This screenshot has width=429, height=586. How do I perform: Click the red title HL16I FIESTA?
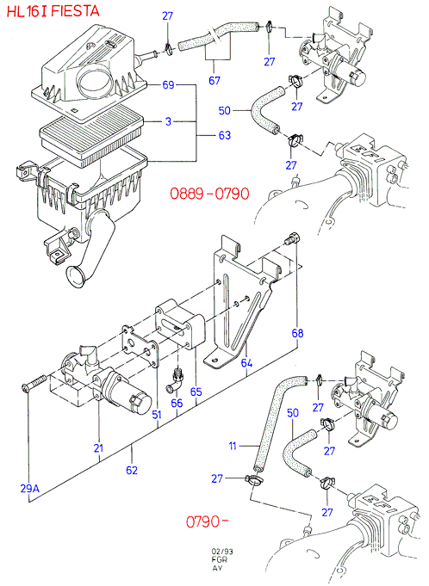pyautogui.click(x=53, y=11)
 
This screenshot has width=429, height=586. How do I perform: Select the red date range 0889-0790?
pyautogui.click(x=209, y=194)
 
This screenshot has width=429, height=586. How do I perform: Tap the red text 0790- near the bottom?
pyautogui.click(x=208, y=521)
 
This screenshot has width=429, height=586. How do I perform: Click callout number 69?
pyautogui.click(x=168, y=85)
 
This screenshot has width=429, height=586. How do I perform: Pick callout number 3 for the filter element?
pyautogui.click(x=168, y=121)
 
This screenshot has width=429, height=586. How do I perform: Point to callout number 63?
pyautogui.click(x=225, y=135)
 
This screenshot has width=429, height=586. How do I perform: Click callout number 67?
pyautogui.click(x=214, y=80)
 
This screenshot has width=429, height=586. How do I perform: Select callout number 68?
pyautogui.click(x=297, y=333)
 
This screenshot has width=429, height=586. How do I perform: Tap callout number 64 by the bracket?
pyautogui.click(x=246, y=363)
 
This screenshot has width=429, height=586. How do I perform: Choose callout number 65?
pyautogui.click(x=196, y=392)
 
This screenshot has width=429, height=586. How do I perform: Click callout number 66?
pyautogui.click(x=177, y=403)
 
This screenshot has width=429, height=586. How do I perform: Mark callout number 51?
pyautogui.click(x=157, y=414)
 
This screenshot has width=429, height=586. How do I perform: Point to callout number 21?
pyautogui.click(x=98, y=447)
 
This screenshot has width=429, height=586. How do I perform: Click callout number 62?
pyautogui.click(x=132, y=470)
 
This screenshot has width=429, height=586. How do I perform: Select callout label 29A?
pyautogui.click(x=30, y=489)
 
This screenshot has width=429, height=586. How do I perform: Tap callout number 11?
pyautogui.click(x=233, y=446)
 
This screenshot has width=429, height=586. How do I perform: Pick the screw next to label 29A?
pyautogui.click(x=34, y=383)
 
